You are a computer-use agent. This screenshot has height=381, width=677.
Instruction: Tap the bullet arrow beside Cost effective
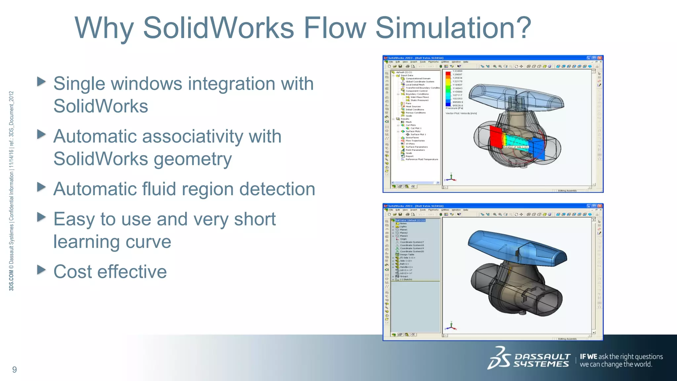click(x=41, y=270)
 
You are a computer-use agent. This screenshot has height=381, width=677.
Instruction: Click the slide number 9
click(x=15, y=369)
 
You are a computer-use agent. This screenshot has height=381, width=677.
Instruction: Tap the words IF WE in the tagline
click(x=588, y=357)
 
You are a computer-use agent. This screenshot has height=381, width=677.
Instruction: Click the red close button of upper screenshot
click(x=600, y=58)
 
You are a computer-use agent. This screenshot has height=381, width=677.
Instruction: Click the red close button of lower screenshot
click(x=600, y=206)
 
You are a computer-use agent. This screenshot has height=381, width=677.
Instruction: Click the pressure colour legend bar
click(x=448, y=88)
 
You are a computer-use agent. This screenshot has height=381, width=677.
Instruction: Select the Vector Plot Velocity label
click(x=461, y=113)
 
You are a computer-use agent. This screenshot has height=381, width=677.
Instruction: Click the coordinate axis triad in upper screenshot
click(x=451, y=178)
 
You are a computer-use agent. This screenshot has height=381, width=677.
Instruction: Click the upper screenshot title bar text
click(x=416, y=58)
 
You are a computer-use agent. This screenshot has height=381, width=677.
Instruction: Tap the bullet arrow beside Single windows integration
click(x=41, y=81)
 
